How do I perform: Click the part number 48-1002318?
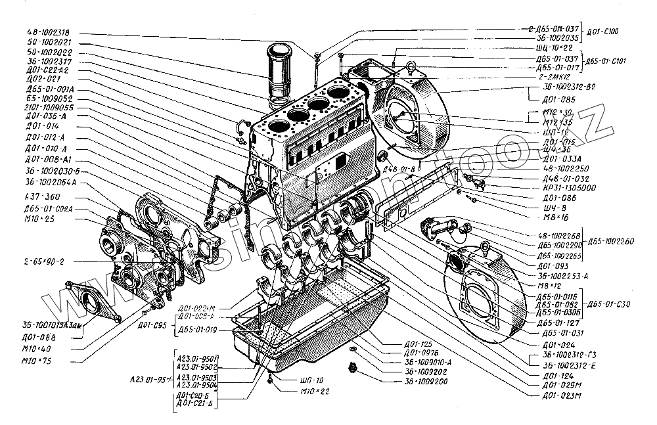click(52, 32)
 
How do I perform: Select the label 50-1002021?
click(52, 41)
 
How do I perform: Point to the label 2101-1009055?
click(49, 107)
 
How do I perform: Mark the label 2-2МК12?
click(558, 77)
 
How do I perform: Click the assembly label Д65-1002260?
click(611, 242)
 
